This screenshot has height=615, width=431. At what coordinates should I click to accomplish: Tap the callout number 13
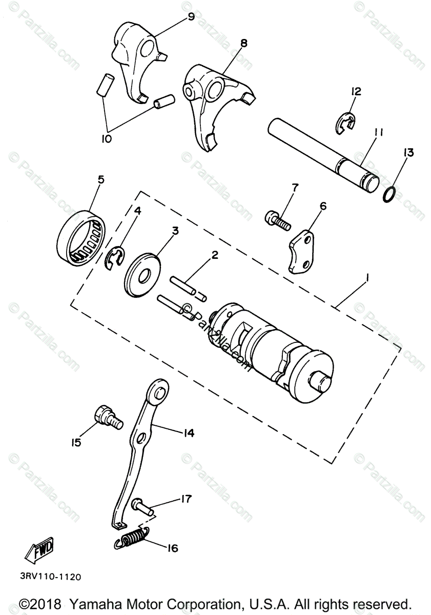409,153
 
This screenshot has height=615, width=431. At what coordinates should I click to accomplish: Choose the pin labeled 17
142,506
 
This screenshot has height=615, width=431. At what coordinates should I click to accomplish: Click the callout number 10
107,139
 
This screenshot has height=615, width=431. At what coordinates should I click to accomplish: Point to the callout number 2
214,255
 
